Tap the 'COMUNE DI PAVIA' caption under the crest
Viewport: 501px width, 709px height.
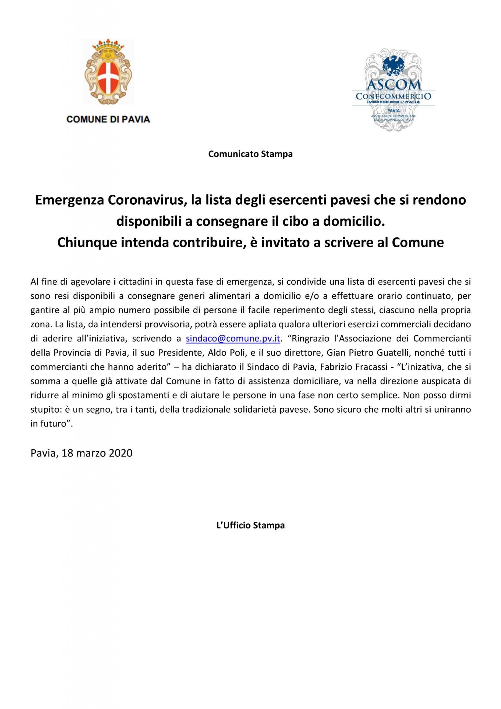pyautogui.click(x=108, y=119)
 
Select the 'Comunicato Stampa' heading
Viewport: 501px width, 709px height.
pyautogui.click(x=250, y=154)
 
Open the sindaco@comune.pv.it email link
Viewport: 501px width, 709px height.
pyautogui.click(x=233, y=338)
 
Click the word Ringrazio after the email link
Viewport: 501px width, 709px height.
pyautogui.click(x=314, y=338)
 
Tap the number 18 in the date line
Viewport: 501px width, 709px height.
pyautogui.click(x=67, y=453)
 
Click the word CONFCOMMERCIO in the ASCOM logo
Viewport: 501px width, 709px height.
pyautogui.click(x=394, y=96)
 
